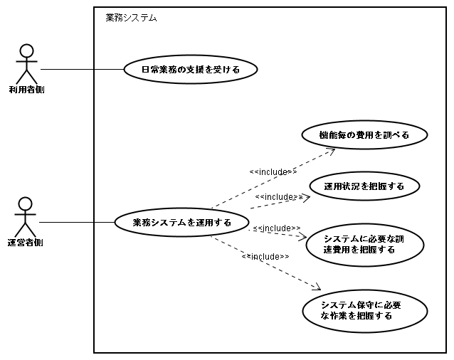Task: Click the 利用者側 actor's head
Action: (x=27, y=51)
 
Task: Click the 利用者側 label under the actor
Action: (x=27, y=90)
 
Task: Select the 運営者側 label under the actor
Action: (x=27, y=243)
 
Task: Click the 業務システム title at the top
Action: (x=131, y=17)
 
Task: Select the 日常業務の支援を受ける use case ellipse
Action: (x=190, y=70)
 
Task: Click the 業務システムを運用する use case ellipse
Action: (x=181, y=222)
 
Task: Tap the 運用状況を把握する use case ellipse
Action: (x=364, y=186)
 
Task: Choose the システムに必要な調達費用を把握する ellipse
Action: (x=364, y=244)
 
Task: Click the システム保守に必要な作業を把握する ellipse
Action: (x=364, y=310)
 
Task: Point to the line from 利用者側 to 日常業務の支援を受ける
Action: (x=82, y=69)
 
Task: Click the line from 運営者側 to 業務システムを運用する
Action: (x=77, y=222)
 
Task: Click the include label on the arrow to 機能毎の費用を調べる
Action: (x=273, y=171)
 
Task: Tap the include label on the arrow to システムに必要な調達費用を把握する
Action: (x=277, y=228)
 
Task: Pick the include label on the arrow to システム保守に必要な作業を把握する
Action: (x=265, y=256)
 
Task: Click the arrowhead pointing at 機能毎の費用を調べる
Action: (x=332, y=150)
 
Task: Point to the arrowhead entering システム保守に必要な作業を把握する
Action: (x=317, y=287)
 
